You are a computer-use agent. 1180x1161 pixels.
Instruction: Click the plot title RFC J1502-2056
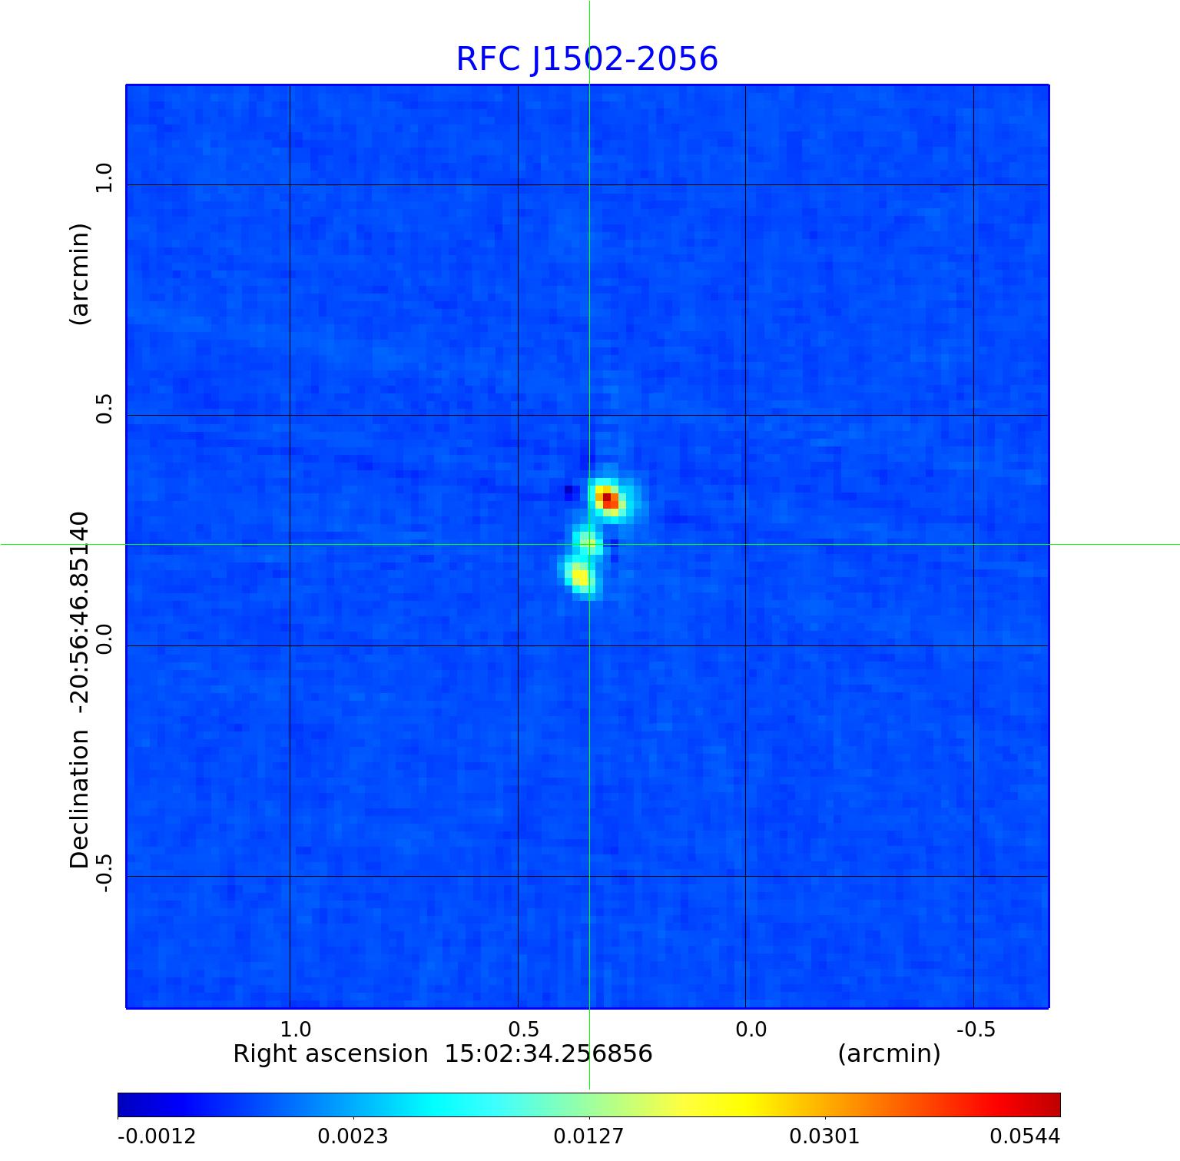pyautogui.click(x=587, y=59)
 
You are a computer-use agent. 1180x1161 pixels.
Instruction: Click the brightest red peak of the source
pyautogui.click(x=607, y=498)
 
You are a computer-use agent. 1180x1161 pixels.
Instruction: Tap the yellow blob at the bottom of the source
pyautogui.click(x=580, y=576)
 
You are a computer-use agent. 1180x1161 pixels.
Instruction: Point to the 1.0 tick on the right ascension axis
pyautogui.click(x=295, y=1029)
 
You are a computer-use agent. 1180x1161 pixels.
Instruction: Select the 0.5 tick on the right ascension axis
pyautogui.click(x=523, y=1029)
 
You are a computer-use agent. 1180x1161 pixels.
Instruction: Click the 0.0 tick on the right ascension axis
pyautogui.click(x=751, y=1029)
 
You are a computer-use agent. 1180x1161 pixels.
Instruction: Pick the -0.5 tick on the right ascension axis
pyautogui.click(x=976, y=1029)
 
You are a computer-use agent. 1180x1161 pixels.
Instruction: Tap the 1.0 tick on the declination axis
pyautogui.click(x=104, y=178)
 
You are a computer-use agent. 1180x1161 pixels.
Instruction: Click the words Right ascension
pyautogui.click(x=330, y=1053)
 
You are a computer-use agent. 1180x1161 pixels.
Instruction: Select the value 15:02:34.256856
pyautogui.click(x=549, y=1053)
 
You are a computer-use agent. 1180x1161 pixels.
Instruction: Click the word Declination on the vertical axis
pyautogui.click(x=80, y=799)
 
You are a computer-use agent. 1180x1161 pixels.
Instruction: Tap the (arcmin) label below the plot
pyautogui.click(x=889, y=1053)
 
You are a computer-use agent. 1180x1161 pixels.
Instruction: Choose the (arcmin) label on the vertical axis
pyautogui.click(x=80, y=274)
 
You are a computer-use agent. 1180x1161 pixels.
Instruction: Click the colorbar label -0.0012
pyautogui.click(x=157, y=1136)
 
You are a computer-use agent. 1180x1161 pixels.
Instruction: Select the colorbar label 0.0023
pyautogui.click(x=353, y=1136)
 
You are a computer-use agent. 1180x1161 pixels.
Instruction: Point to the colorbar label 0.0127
pyautogui.click(x=588, y=1136)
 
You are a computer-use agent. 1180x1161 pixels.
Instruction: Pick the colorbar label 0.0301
pyautogui.click(x=824, y=1136)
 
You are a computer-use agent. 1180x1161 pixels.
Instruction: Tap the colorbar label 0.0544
pyautogui.click(x=1024, y=1136)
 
